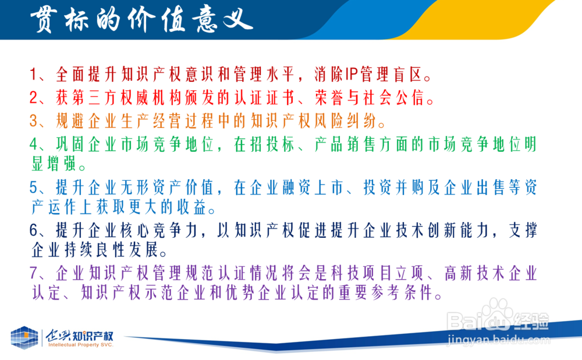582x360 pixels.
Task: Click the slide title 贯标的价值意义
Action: (141, 20)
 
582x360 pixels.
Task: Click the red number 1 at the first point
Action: (33, 74)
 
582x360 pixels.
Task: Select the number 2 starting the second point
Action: (34, 98)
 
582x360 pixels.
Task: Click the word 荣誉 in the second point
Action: (331, 98)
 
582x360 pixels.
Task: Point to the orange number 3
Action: (34, 121)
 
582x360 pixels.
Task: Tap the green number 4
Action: (34, 144)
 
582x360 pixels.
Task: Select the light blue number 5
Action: (34, 188)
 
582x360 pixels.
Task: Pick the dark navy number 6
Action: (34, 231)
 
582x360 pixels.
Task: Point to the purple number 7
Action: (34, 273)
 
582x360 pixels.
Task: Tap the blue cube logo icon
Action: (24, 337)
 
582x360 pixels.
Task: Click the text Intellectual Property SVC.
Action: (80, 345)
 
